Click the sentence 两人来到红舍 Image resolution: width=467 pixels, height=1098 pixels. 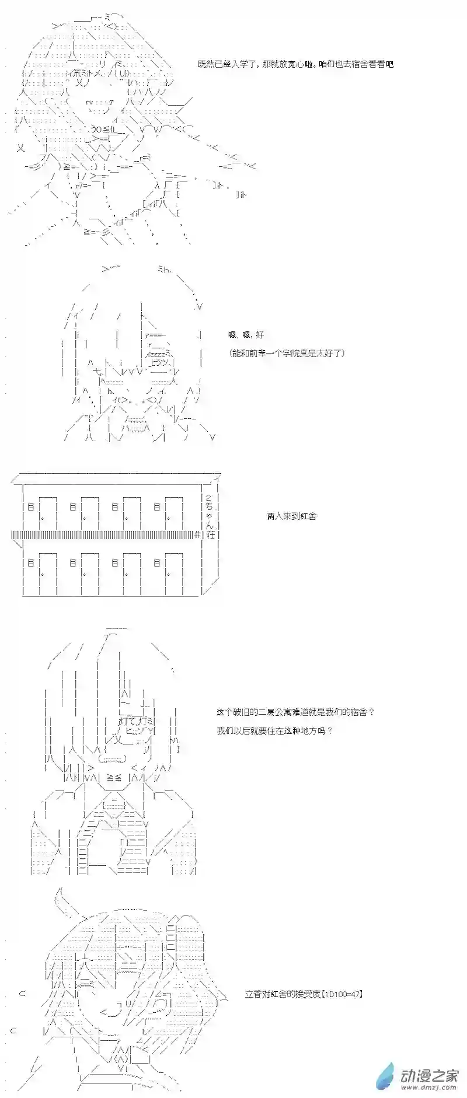pos(291,516)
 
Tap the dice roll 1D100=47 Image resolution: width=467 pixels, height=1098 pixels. pos(343,994)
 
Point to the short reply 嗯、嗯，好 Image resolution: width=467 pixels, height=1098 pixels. pos(246,335)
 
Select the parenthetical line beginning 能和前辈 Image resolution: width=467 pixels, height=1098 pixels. pos(287,353)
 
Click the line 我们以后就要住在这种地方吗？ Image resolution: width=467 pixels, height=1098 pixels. pos(274,730)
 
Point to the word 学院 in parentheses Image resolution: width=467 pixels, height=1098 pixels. pos(295,353)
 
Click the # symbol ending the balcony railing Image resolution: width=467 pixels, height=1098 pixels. pos(197,534)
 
